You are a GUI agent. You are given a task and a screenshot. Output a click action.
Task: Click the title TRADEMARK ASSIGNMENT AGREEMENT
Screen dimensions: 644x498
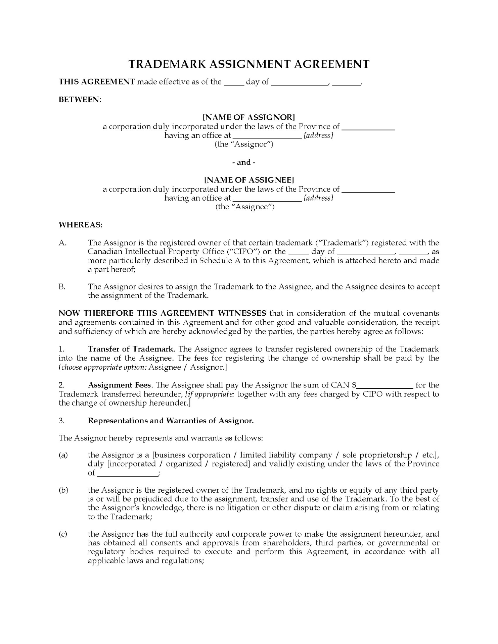pyautogui.click(x=249, y=64)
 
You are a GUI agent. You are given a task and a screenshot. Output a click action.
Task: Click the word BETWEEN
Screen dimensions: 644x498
pyautogui.click(x=79, y=100)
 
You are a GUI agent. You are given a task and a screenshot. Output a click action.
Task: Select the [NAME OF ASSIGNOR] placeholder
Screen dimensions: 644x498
pyautogui.click(x=249, y=117)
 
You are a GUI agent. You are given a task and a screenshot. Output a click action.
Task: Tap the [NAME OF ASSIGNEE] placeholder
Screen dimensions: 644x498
pyautogui.click(x=249, y=180)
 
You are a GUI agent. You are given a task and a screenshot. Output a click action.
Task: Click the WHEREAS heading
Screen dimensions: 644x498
pyautogui.click(x=81, y=225)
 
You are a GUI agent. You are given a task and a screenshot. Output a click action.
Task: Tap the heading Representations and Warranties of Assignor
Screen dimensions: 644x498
pyautogui.click(x=171, y=421)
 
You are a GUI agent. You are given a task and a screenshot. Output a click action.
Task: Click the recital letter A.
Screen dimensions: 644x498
pyautogui.click(x=62, y=243)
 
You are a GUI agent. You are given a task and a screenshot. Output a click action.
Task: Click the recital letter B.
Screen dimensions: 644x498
pyautogui.click(x=62, y=287)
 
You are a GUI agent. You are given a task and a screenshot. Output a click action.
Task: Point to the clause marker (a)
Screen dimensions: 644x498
pyautogui.click(x=63, y=455)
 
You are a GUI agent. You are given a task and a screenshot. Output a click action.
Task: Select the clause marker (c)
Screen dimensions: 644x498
pyautogui.click(x=63, y=534)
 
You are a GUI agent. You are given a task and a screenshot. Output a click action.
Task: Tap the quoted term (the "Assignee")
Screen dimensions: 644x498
pyautogui.click(x=245, y=207)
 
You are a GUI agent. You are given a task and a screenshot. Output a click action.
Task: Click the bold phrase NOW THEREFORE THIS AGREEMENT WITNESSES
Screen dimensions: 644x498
pyautogui.click(x=162, y=313)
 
